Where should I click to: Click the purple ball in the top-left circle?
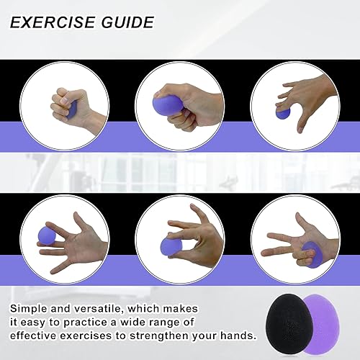click(72, 108)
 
